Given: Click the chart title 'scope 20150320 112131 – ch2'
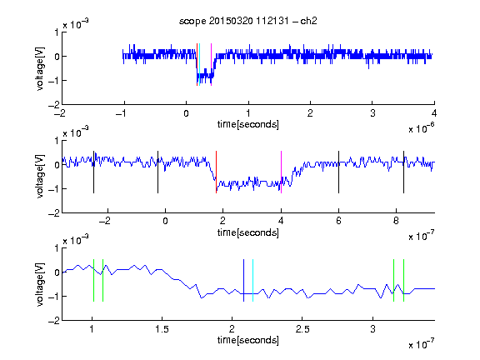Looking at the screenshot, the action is [248, 21].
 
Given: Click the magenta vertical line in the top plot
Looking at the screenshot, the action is [211, 65].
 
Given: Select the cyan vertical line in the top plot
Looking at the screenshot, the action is [199, 65].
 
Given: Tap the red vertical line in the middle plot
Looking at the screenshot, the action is [216, 172].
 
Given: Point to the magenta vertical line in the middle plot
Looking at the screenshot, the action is [281, 172].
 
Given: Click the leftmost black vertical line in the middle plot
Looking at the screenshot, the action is [93, 172].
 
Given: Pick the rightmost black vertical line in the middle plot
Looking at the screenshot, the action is [403, 172].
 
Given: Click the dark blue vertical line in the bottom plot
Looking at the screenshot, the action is [243, 280].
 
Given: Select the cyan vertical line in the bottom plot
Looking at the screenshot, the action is [252, 280].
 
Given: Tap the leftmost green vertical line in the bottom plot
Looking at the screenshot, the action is [93, 280].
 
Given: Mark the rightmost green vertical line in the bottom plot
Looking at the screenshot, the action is [404, 280].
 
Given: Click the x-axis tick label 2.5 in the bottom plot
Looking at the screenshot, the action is [302, 329].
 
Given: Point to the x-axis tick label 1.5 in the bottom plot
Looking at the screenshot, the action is [162, 329].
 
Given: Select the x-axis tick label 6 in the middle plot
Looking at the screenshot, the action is [338, 221].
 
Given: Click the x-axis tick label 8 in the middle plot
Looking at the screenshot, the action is [396, 221].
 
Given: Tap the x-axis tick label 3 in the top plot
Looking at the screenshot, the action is [372, 113].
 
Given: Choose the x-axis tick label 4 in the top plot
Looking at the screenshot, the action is [434, 113].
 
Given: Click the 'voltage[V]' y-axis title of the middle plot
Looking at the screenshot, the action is [40, 177].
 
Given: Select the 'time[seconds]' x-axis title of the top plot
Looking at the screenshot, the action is [248, 125].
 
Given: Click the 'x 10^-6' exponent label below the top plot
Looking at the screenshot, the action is [422, 128].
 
